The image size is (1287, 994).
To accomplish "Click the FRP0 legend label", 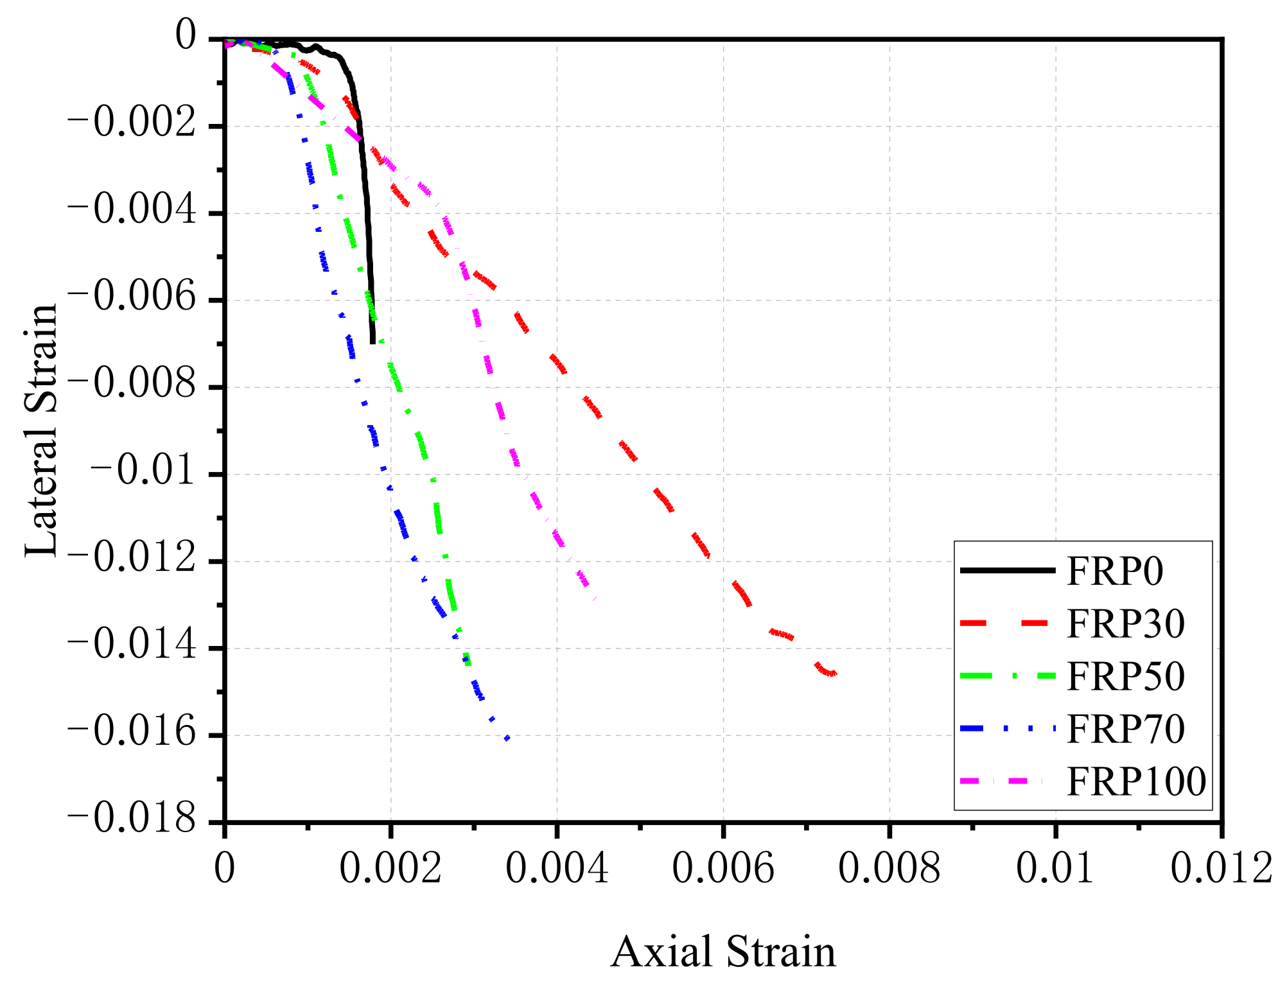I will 1114,570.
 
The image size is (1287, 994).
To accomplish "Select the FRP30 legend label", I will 1125,623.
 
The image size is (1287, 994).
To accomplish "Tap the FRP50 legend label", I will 1125,676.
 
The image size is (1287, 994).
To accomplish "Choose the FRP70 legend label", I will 1125,729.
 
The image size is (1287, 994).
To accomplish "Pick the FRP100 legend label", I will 1136,781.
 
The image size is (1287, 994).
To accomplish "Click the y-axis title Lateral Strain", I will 42,430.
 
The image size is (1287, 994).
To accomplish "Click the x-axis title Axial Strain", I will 723,952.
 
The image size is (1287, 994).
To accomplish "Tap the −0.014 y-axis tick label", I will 131,645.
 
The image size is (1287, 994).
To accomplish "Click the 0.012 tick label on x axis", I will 1221,868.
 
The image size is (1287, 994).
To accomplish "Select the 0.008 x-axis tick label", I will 889,868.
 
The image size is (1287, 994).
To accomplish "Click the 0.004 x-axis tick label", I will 557,868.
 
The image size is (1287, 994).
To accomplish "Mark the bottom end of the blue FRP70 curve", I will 507,739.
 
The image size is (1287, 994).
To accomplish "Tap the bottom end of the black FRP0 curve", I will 372,342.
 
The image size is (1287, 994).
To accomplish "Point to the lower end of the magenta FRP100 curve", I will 595,598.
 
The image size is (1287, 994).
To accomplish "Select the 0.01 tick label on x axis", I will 1055,868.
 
